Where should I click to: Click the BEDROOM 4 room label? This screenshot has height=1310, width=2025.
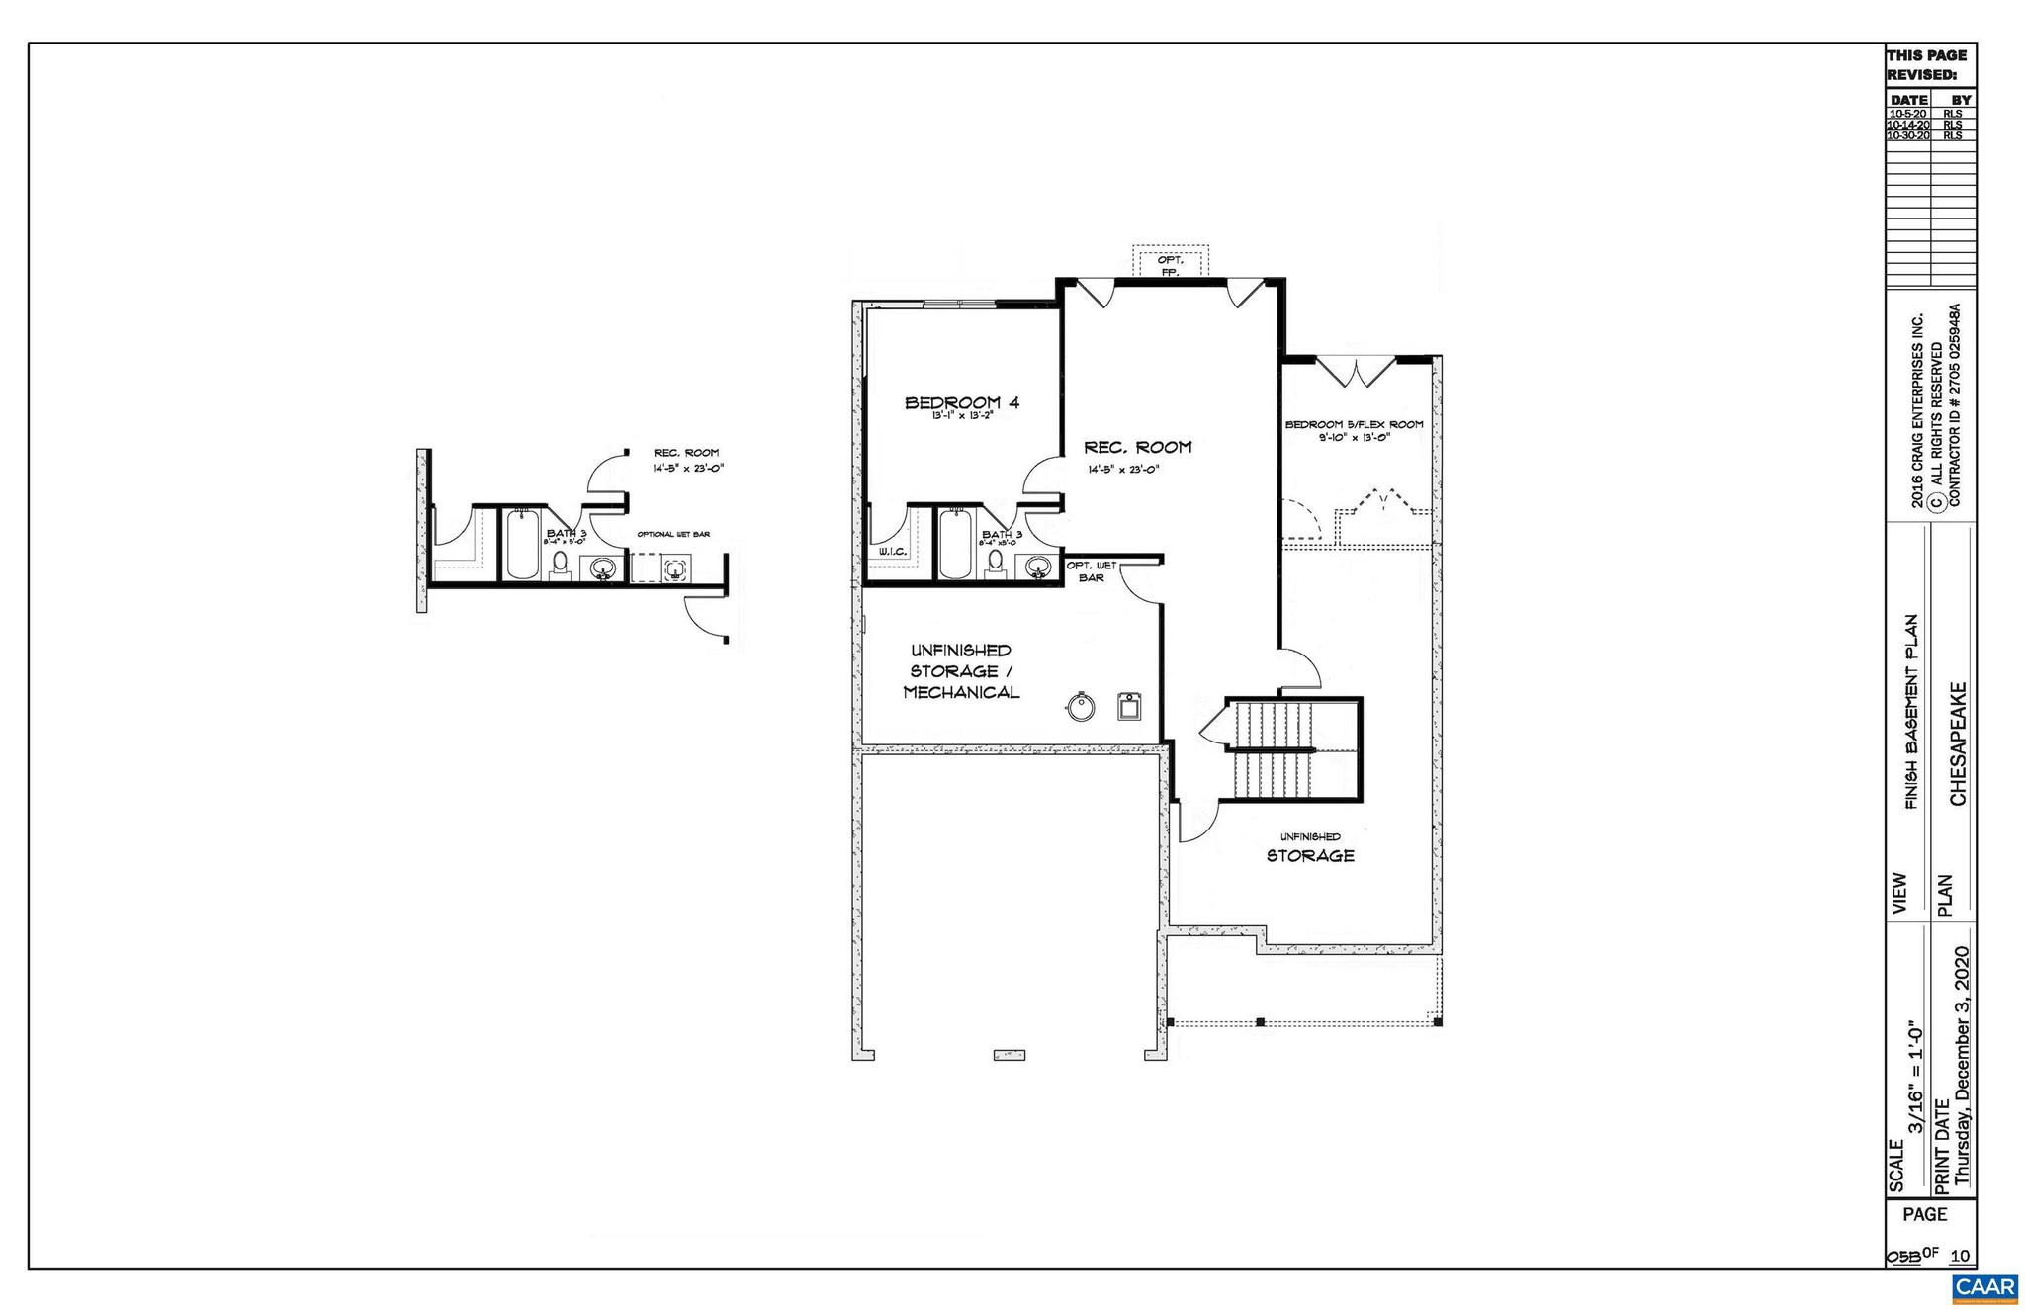(x=961, y=402)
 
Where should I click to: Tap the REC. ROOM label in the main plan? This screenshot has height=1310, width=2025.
(x=1137, y=447)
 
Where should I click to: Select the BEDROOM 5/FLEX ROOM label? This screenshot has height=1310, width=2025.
(x=1354, y=424)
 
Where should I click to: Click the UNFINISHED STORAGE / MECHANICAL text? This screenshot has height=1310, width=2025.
(x=960, y=671)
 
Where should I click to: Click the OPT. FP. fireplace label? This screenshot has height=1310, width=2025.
(x=1170, y=266)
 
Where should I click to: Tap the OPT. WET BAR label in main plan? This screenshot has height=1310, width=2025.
(x=1091, y=571)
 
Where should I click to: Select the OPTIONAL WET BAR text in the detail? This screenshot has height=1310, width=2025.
(x=672, y=534)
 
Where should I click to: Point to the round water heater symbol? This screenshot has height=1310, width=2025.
(x=1081, y=707)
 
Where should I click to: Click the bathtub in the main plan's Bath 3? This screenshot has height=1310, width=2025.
(x=954, y=544)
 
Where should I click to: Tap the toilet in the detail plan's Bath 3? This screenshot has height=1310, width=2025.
(x=560, y=564)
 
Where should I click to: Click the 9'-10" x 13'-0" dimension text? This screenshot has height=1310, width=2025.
(x=1354, y=437)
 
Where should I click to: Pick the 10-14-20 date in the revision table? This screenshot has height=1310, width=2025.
(x=1907, y=125)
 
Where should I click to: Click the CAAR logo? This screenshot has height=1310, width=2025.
(x=1984, y=1287)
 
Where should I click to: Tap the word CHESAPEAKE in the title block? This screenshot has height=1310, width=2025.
(x=1958, y=743)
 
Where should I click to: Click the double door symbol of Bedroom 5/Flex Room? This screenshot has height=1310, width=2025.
(x=1357, y=372)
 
